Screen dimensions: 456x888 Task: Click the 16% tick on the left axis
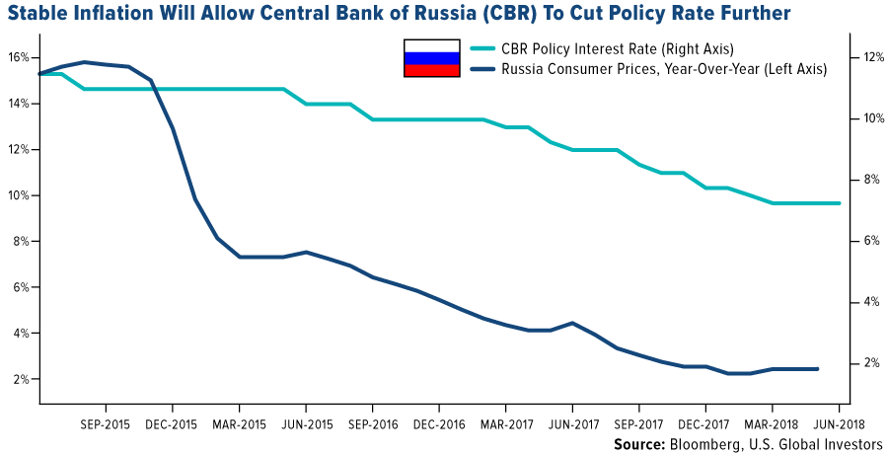click(21, 57)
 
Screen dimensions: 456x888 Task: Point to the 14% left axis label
click(21, 104)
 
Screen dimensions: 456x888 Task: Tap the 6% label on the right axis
click(862, 241)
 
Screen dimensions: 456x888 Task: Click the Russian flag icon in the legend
click(431, 58)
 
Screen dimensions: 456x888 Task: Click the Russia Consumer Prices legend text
click(663, 69)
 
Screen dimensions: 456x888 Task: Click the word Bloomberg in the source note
click(700, 444)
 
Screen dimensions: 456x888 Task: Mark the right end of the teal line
click(840, 203)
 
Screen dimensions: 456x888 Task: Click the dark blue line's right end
click(818, 369)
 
